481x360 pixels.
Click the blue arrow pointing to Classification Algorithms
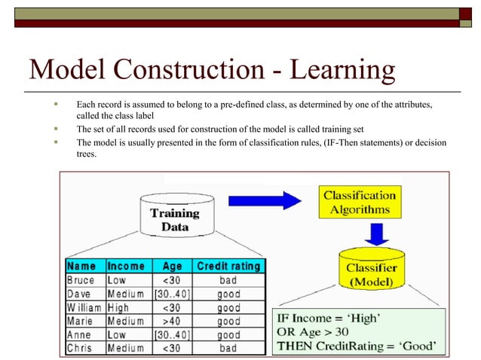pyautogui.click(x=266, y=200)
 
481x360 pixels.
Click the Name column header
pyautogui.click(x=81, y=266)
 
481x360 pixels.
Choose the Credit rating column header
pyautogui.click(x=228, y=266)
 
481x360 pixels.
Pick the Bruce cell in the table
pyautogui.click(x=81, y=280)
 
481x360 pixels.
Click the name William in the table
pyautogui.click(x=85, y=308)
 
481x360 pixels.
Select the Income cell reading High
pyautogui.click(x=118, y=308)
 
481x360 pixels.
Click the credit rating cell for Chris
pyautogui.click(x=228, y=349)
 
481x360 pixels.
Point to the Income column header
pyautogui.click(x=126, y=266)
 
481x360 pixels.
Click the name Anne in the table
pyautogui.click(x=80, y=335)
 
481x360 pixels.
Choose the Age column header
pyautogui.click(x=173, y=266)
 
